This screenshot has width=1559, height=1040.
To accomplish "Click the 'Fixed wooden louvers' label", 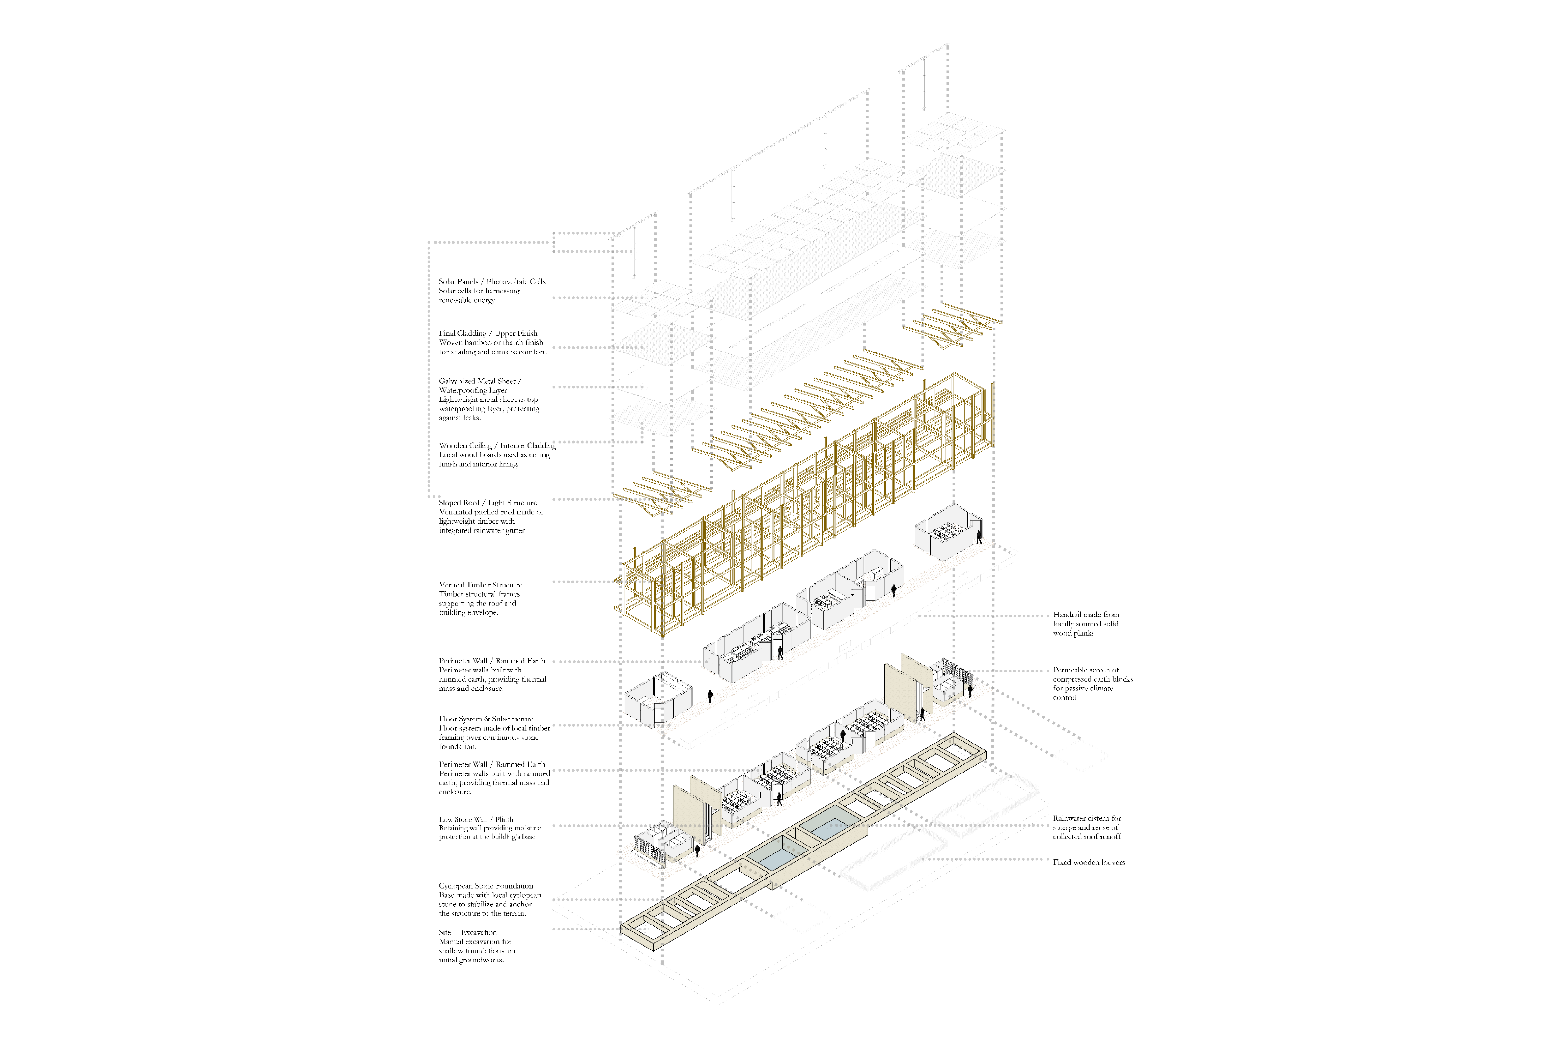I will point(1088,862).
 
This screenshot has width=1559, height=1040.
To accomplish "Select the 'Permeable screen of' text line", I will point(1086,670).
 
